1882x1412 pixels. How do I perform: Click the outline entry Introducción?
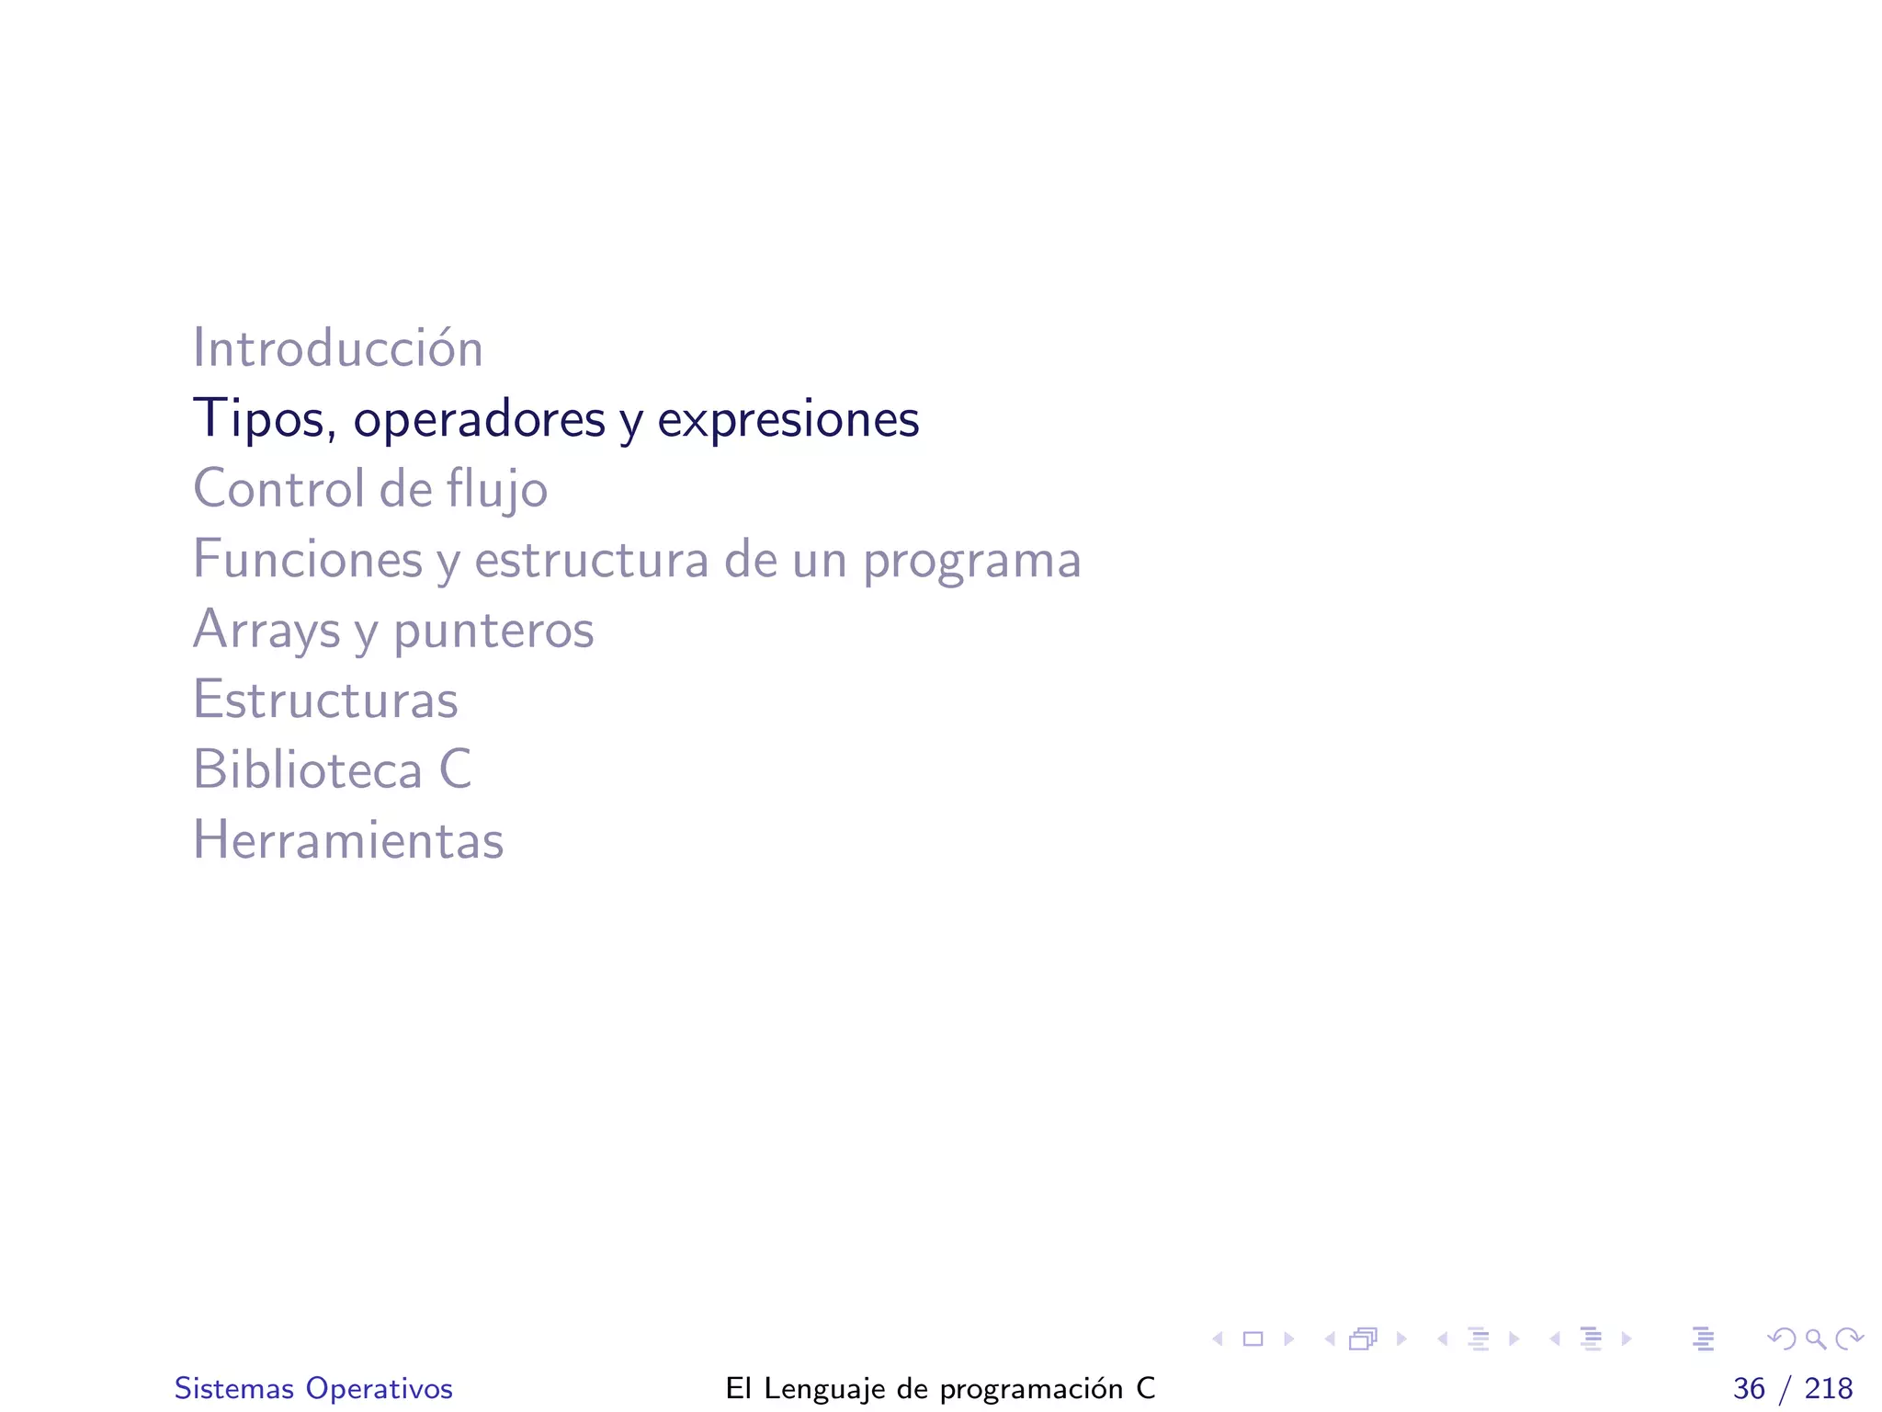point(337,348)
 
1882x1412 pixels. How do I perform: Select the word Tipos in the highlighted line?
point(258,419)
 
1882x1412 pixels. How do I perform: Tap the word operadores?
point(479,419)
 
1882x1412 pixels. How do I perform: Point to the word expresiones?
point(788,419)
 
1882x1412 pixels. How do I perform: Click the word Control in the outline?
point(278,488)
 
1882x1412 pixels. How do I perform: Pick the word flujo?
point(497,490)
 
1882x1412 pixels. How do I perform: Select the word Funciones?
point(307,559)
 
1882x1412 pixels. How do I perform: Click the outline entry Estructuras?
point(324,700)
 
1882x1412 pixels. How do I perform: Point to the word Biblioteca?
point(307,769)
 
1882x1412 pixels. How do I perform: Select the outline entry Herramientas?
point(348,839)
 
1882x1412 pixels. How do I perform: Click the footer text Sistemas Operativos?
point(313,1388)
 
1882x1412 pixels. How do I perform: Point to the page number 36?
point(1749,1388)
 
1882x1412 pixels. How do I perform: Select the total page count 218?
point(1829,1388)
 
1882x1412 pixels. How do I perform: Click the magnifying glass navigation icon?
point(1815,1339)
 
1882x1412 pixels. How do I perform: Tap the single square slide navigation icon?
point(1253,1339)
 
